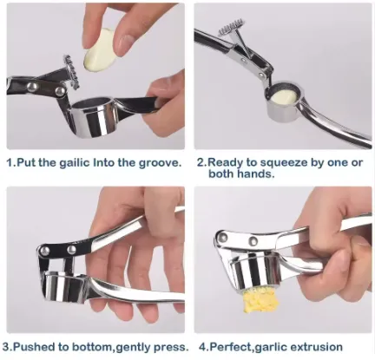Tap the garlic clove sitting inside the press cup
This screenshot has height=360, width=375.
tap(284, 96)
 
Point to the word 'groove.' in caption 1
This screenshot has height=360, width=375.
tap(160, 163)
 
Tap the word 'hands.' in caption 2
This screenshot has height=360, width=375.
tap(255, 173)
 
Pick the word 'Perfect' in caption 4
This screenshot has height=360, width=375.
tap(230, 347)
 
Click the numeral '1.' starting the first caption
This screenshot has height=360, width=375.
tap(11, 162)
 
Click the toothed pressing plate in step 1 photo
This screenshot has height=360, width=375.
tap(71, 72)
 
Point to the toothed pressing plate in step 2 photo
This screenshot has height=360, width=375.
tap(231, 28)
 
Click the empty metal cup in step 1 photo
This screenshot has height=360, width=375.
tap(93, 116)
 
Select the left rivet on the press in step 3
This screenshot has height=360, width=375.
tap(44, 251)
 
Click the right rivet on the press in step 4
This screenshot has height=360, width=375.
tap(253, 240)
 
